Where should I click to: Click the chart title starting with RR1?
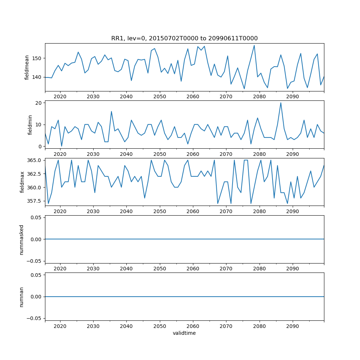click(184, 39)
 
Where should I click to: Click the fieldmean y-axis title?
click(27, 67)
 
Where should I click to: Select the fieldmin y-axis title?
click(30, 125)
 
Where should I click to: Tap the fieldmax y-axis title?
click(22, 182)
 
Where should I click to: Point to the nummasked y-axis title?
click(22, 239)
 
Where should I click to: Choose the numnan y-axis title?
click(22, 297)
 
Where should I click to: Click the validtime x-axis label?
click(184, 333)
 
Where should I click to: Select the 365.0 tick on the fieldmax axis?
click(35, 160)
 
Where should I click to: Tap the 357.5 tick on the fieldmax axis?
click(35, 201)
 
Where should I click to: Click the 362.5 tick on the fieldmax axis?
click(35, 174)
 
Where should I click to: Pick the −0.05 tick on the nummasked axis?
click(35, 261)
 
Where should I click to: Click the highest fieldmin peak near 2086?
click(281, 103)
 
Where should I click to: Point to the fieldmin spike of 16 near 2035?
click(111, 112)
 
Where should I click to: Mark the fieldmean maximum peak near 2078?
click(254, 45)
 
